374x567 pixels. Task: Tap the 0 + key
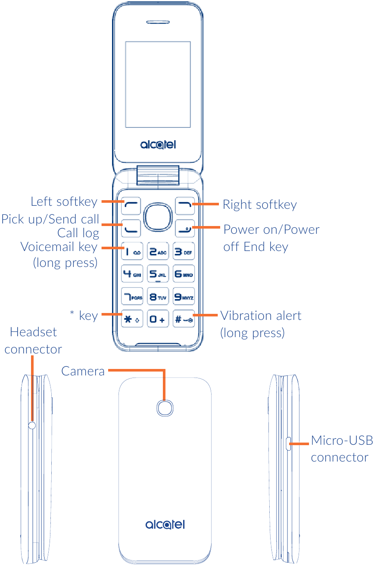click(158, 319)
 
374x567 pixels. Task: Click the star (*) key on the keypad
click(132, 319)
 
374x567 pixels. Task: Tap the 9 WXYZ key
click(184, 297)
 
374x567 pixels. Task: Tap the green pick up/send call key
click(132, 228)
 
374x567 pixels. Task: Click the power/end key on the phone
click(184, 228)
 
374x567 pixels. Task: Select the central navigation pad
click(158, 217)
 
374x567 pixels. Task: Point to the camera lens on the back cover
click(164, 408)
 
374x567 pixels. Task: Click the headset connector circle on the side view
click(32, 425)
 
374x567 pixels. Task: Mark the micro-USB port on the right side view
click(289, 443)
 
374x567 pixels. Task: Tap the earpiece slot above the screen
click(158, 22)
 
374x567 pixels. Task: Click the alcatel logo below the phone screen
click(158, 145)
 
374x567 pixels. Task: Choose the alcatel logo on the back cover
click(165, 524)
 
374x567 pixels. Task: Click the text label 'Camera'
click(83, 371)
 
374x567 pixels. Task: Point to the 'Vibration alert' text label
click(261, 316)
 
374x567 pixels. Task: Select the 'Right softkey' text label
click(259, 204)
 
